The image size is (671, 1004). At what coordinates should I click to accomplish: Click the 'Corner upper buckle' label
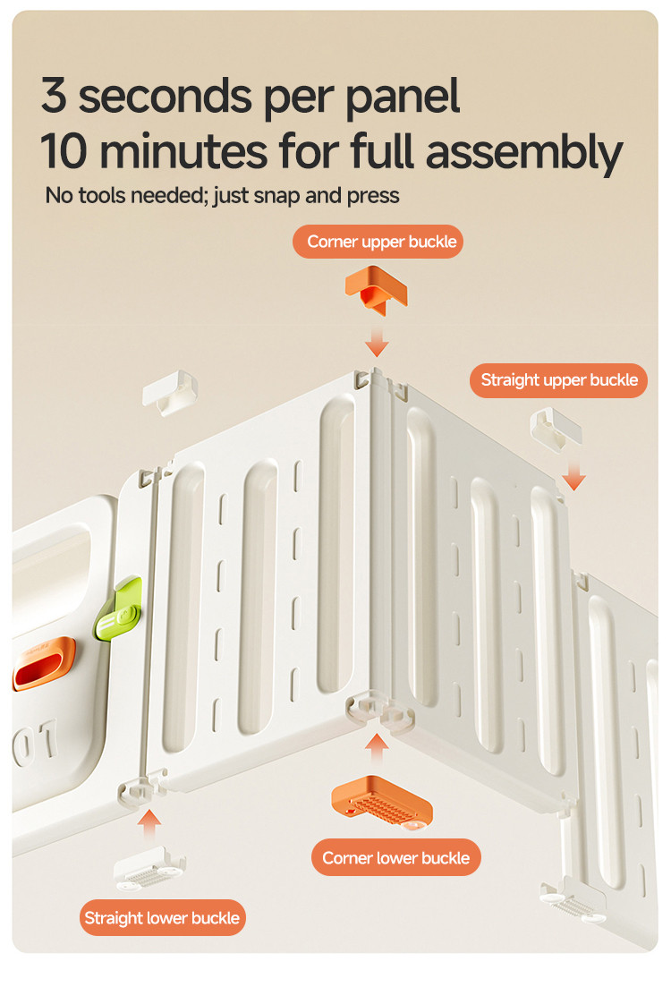(x=378, y=242)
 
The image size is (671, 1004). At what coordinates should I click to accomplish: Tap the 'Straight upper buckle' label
(x=559, y=380)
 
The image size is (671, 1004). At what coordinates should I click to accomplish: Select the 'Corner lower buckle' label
(x=395, y=857)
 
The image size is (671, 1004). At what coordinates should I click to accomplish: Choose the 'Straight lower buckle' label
(x=162, y=917)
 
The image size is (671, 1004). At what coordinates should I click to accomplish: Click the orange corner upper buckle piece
(x=377, y=288)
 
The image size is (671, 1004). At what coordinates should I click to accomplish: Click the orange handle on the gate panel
(x=44, y=663)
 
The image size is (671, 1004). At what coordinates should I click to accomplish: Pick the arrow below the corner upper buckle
(x=378, y=343)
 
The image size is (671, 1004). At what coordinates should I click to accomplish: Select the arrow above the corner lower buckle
(x=378, y=748)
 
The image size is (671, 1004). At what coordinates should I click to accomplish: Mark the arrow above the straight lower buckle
(x=149, y=825)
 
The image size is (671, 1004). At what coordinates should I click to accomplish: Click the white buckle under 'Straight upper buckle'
(x=556, y=429)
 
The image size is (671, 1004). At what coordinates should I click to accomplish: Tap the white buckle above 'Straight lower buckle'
(x=149, y=869)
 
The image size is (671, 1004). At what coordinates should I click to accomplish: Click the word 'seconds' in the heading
(x=166, y=96)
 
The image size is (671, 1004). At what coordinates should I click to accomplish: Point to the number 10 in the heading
(x=64, y=152)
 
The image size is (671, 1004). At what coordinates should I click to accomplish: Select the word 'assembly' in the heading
(x=523, y=154)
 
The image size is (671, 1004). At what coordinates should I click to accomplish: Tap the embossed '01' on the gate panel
(x=35, y=743)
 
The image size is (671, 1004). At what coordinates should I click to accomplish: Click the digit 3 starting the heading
(x=54, y=96)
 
